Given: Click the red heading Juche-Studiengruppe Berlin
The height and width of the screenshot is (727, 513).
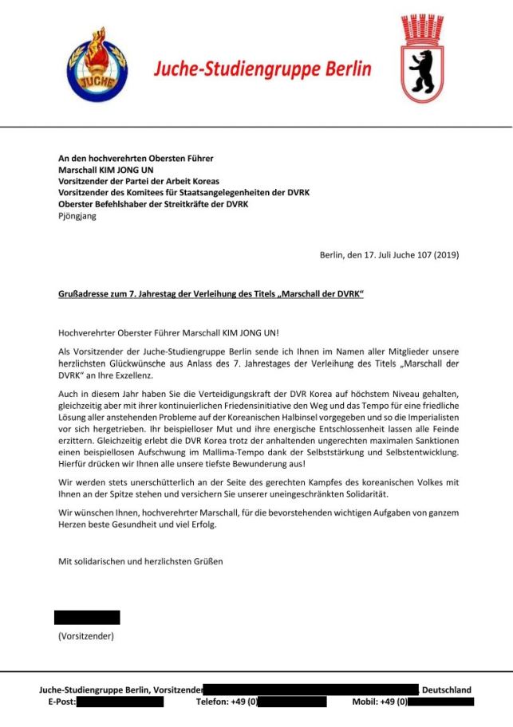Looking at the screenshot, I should point(262,69).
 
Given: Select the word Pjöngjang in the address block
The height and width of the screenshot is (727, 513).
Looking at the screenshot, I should point(77,216).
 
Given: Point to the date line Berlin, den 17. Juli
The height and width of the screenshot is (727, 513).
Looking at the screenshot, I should point(389,255).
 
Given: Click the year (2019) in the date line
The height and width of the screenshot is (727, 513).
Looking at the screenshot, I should point(444,255).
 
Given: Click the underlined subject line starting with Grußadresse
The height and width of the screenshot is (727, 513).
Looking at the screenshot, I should point(211,295).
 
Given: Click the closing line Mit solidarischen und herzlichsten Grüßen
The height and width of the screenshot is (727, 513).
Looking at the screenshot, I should point(140,561).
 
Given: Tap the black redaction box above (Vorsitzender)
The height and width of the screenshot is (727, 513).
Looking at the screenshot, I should point(87,617).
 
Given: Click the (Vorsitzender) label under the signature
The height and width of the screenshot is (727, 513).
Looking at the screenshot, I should point(85,636).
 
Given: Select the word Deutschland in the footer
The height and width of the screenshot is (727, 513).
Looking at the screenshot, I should point(446,690).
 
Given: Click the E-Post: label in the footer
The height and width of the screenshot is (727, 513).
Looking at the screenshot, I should point(61,702).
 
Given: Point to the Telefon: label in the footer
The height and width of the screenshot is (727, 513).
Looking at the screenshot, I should point(213,702).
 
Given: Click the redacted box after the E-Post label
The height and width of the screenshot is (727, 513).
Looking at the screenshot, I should point(120,702).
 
